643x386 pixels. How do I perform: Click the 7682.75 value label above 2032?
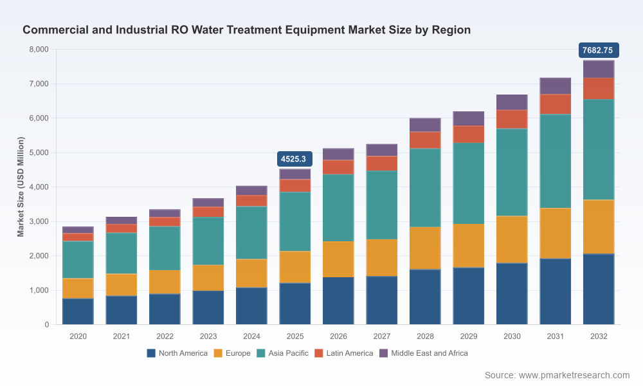click(598, 50)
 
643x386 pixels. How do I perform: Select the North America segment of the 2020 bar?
click(78, 311)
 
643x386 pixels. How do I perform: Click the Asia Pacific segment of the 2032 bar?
click(598, 150)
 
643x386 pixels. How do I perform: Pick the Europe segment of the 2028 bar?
click(425, 248)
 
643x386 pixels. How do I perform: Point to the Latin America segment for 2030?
click(512, 120)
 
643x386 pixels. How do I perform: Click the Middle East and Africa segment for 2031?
click(556, 86)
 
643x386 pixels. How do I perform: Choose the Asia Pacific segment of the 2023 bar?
click(208, 241)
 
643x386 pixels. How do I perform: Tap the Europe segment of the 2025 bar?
click(295, 267)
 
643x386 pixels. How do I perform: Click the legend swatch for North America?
click(151, 353)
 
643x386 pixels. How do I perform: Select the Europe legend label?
click(238, 353)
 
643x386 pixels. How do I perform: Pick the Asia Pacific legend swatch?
click(261, 353)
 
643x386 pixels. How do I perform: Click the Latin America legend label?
click(350, 353)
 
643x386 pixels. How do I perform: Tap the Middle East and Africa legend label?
click(430, 353)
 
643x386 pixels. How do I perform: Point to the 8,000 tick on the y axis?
click(39, 50)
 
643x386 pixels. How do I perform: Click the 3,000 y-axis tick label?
click(39, 221)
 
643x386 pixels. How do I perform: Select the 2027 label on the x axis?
click(382, 336)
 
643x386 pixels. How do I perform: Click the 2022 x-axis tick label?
click(165, 336)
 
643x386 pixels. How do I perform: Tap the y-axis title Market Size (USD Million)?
click(21, 187)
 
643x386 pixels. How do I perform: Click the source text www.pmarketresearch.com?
click(574, 375)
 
